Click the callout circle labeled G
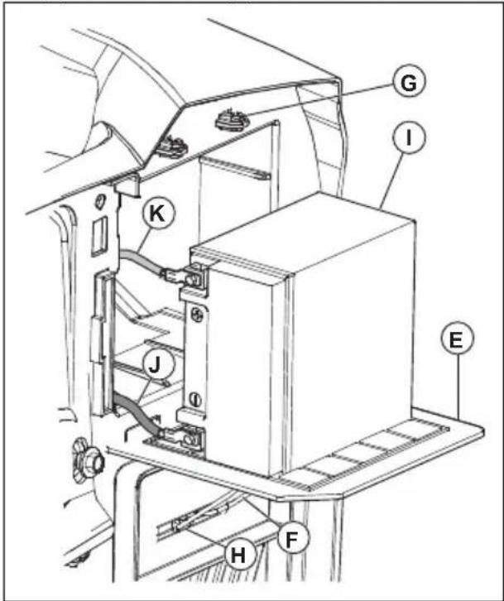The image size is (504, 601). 409,82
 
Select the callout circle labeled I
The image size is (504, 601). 409,137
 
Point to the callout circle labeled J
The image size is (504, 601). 155,365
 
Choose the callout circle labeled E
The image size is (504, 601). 457,339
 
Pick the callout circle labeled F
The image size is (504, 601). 292,538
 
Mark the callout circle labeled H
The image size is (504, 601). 239,555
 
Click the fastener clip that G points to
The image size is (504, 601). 232,119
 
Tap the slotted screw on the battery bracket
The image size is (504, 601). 195,399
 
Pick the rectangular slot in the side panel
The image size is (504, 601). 98,237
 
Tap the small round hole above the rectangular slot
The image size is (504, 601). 99,200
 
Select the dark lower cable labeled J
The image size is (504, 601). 138,415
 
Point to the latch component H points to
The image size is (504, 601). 181,524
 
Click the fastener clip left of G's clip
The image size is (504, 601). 171,146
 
